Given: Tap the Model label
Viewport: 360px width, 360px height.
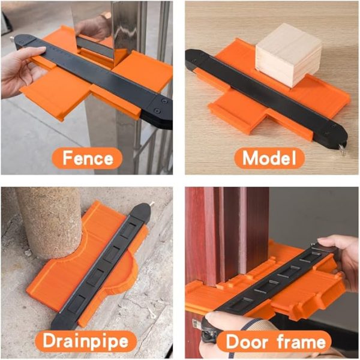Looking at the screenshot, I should click(x=269, y=158).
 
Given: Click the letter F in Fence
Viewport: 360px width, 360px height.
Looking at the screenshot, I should click(x=63, y=158).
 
